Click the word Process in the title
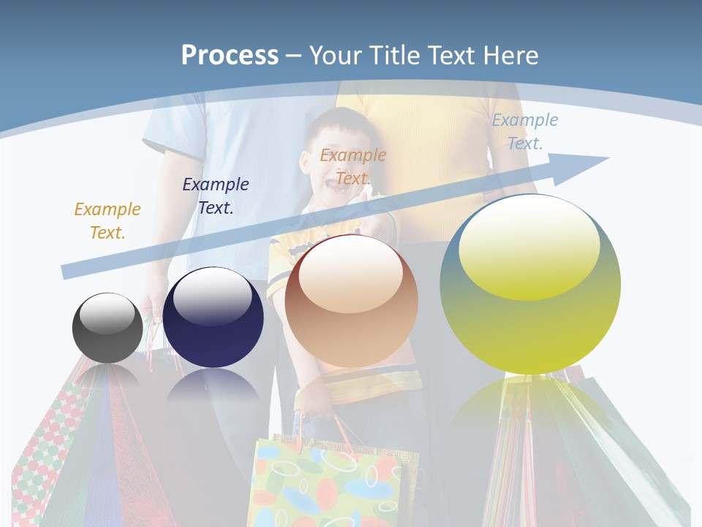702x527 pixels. point(230,55)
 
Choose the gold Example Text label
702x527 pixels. point(107,220)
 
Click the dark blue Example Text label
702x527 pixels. point(216,195)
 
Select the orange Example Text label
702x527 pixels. point(353,166)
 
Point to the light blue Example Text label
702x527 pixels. point(524,132)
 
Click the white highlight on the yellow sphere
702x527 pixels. point(529,245)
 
